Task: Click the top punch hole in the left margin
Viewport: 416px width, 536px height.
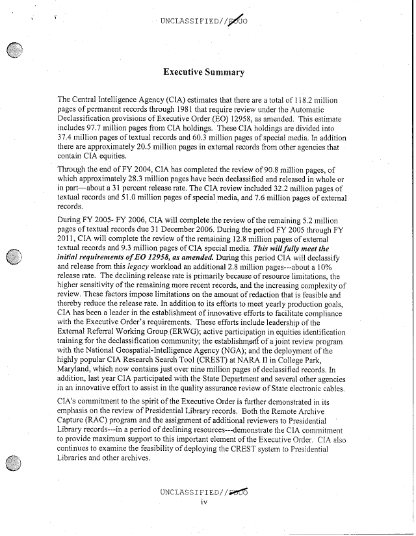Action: pyautogui.click(x=14, y=53)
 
